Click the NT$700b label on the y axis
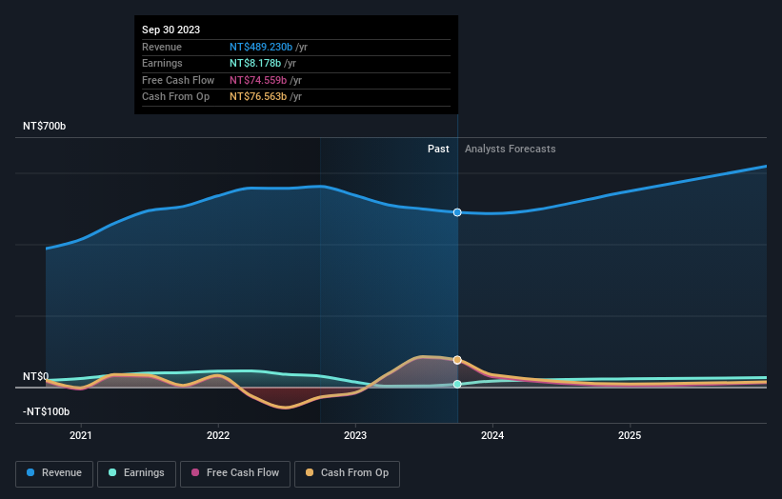coord(46,127)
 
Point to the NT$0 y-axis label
coord(35,377)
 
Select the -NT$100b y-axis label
coord(47,411)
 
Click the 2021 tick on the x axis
coord(82,436)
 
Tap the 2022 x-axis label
coord(218,436)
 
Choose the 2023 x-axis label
coord(355,436)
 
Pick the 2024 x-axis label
coord(492,436)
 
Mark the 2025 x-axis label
coord(630,436)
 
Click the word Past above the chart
coord(438,149)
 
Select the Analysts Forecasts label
coord(510,149)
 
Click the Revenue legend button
coord(54,473)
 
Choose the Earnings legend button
coord(136,473)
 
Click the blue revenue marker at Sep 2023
coord(458,212)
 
